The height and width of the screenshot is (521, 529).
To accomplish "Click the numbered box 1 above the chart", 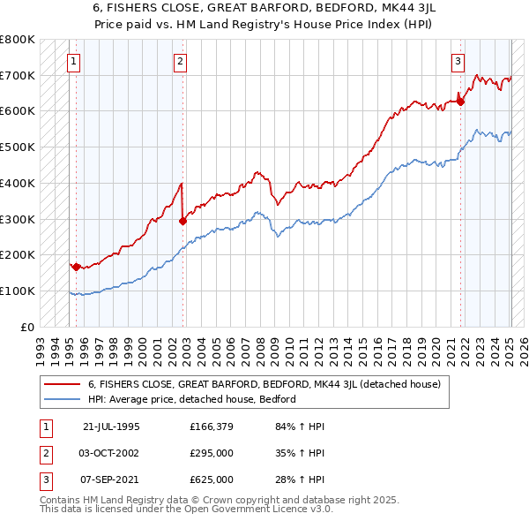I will point(73,61).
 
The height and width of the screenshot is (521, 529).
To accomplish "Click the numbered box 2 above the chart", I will point(180,61).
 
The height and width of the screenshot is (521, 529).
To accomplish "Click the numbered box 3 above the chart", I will point(458,61).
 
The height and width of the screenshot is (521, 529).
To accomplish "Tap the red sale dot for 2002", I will point(183,221).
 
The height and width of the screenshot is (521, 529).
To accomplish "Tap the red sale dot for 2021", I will point(461,102).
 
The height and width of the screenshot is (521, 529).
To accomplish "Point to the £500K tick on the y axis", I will point(18,147).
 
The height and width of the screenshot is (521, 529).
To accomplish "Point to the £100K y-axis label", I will point(18,291).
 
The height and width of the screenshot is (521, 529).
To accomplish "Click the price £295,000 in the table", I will point(212,453).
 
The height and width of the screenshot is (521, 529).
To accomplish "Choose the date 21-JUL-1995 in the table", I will point(111,427).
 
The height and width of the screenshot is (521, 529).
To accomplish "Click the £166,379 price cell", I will point(212,427).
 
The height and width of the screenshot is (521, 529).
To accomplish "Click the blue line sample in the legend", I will point(62,399).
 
